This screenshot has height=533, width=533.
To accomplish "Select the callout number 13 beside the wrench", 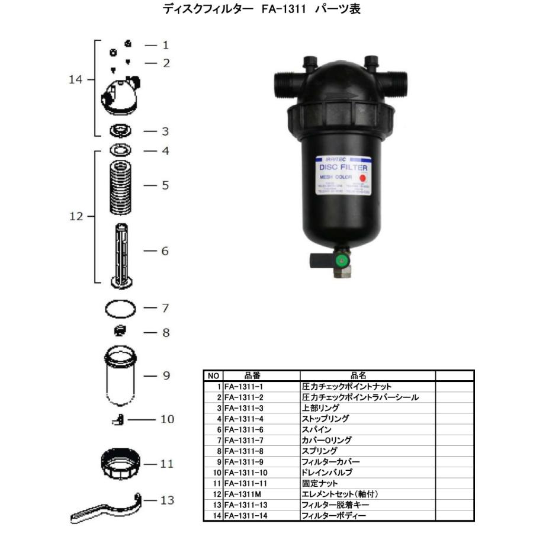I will pyautogui.click(x=168, y=500).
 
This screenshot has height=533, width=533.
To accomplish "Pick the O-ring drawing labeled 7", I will pyautogui.click(x=120, y=309).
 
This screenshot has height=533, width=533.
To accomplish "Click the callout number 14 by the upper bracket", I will pyautogui.click(x=75, y=79).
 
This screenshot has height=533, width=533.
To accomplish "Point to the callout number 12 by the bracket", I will pyautogui.click(x=75, y=216).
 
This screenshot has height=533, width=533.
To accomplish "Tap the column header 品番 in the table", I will pyautogui.click(x=252, y=375).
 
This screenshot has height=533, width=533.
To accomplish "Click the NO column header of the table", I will pyautogui.click(x=213, y=375).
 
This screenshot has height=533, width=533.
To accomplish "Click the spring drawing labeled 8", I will pyautogui.click(x=120, y=332).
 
